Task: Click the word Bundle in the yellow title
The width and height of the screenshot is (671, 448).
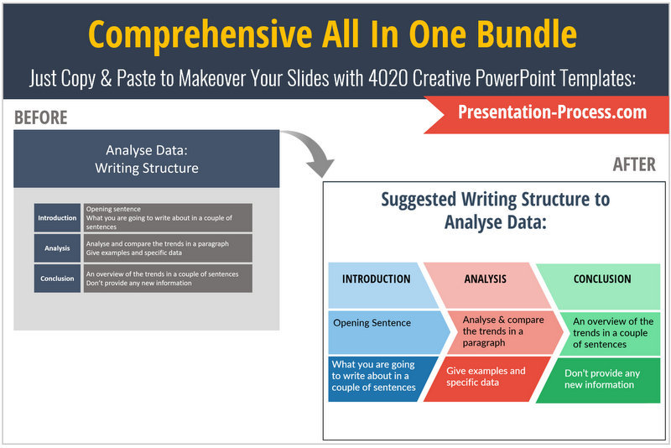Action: (527, 34)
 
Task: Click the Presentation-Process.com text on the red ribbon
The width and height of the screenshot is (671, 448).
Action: (552, 112)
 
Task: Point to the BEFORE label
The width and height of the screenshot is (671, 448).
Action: (40, 117)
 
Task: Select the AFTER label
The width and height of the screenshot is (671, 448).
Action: (634, 164)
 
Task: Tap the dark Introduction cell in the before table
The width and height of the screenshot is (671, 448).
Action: (57, 218)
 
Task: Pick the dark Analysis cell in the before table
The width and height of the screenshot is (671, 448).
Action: (57, 248)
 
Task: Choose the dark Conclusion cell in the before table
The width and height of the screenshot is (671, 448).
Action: (57, 279)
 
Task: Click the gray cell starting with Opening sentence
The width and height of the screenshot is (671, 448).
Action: (168, 218)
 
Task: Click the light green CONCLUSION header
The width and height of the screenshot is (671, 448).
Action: (598, 286)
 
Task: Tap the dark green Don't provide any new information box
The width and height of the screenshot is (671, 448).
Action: (598, 380)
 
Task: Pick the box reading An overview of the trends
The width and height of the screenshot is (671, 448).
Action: (610, 333)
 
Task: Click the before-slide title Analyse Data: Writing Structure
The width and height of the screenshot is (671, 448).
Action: (147, 159)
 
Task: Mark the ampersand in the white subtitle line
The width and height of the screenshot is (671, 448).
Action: (107, 79)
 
